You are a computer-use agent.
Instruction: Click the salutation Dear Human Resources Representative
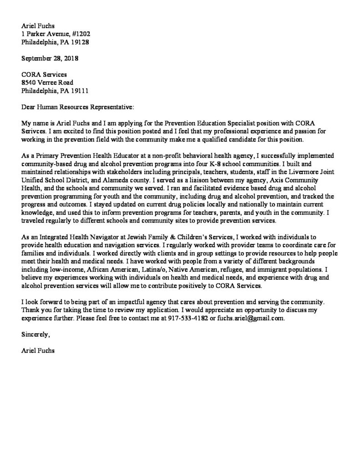tap(78, 107)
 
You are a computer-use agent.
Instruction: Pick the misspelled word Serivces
tap(33, 131)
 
